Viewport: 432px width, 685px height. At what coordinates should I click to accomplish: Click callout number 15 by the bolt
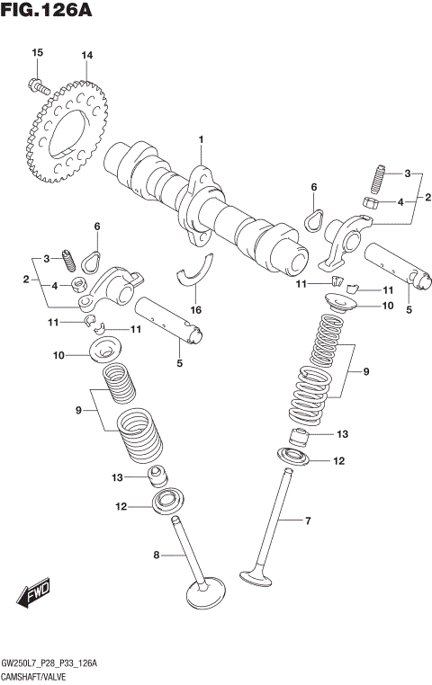click(37, 55)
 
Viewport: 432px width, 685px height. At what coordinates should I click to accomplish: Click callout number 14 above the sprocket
click(86, 56)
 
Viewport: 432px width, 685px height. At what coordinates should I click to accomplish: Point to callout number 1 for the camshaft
click(202, 139)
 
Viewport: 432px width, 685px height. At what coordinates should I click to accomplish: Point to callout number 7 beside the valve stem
click(307, 520)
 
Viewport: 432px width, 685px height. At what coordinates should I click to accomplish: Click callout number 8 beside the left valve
click(156, 556)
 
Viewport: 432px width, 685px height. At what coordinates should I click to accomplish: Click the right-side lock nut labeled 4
click(371, 202)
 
